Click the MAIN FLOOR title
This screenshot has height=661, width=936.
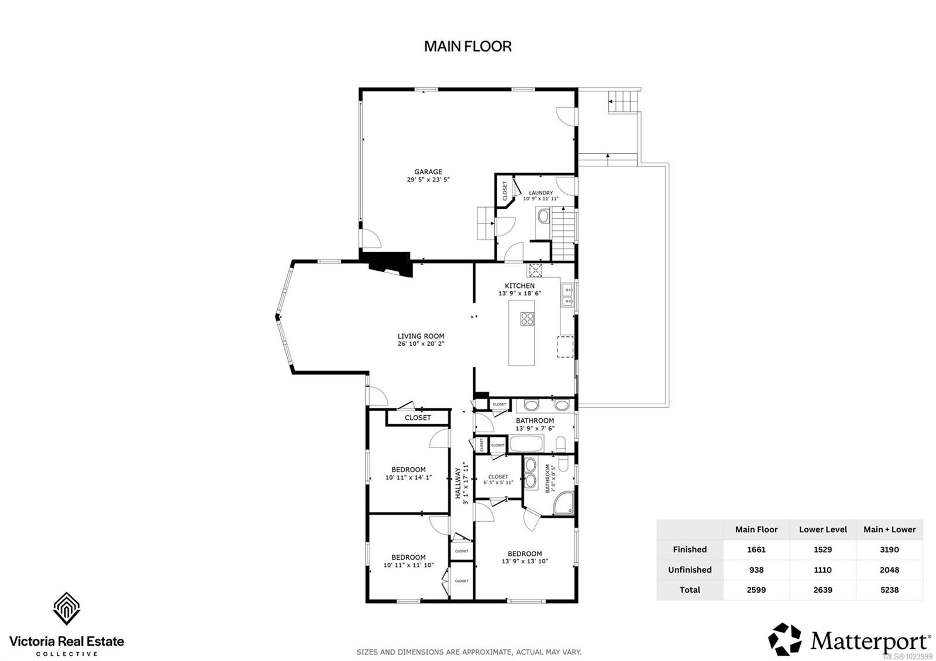pos(467,46)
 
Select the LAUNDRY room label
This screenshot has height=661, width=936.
pos(541,193)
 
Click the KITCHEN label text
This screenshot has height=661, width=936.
pos(519,286)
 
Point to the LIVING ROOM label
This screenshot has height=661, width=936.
pos(421,336)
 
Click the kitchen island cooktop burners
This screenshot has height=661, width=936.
pos(527,319)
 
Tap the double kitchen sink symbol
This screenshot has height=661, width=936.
pos(567,295)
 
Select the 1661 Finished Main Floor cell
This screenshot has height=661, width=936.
pos(756,549)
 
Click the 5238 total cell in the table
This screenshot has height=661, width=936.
pos(889,590)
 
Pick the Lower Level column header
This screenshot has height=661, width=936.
pos(823,529)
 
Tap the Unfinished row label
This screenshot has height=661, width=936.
pos(690,570)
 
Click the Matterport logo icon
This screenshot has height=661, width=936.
pos(785,639)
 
